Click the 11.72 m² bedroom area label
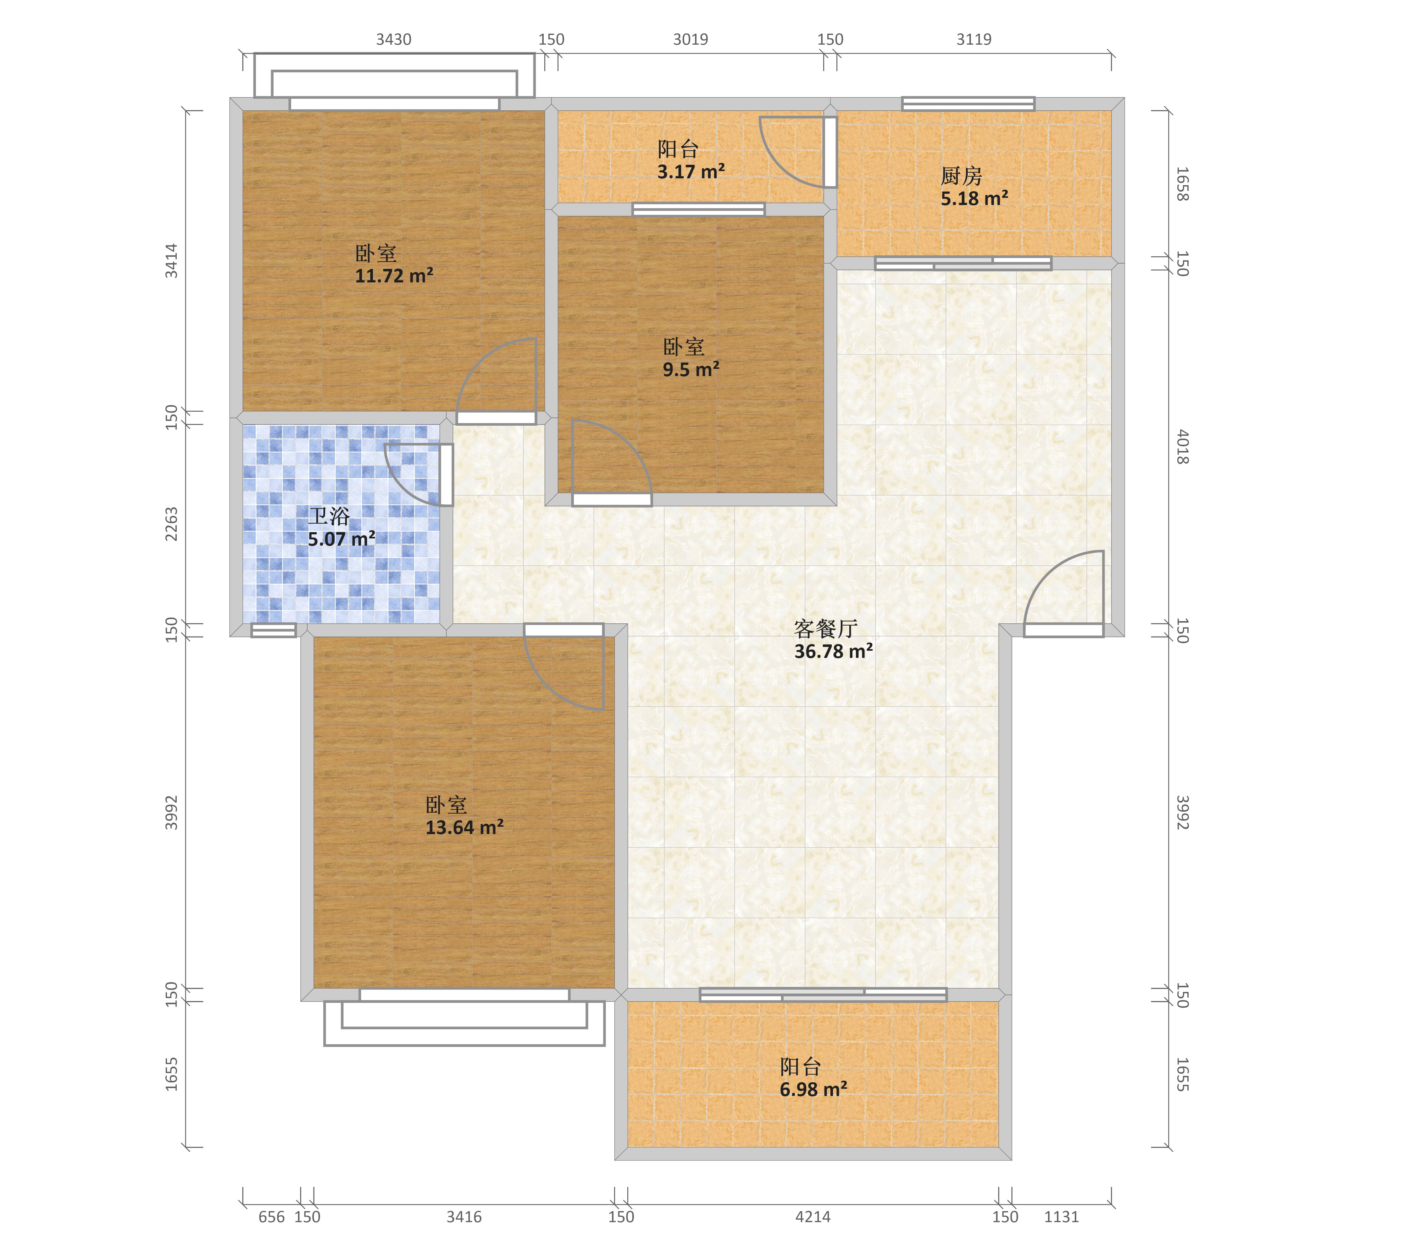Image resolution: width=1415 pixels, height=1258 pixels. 394,276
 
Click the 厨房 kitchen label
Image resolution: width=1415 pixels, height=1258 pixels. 961,176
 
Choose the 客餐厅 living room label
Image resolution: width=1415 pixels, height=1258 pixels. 826,629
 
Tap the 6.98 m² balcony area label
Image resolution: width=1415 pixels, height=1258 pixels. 813,1089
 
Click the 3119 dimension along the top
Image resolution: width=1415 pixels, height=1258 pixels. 974,39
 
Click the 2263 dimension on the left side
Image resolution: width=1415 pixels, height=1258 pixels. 171,524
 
